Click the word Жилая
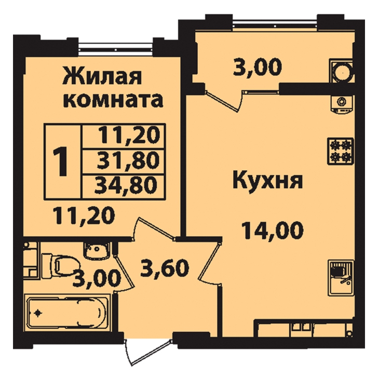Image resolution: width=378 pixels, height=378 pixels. click(102, 76)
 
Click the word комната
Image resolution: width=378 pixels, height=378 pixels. click(113, 100)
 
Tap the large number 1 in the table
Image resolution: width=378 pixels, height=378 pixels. click(60, 162)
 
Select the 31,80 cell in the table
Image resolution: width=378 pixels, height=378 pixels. click(124, 162)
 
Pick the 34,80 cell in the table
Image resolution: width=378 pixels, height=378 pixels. click(124, 187)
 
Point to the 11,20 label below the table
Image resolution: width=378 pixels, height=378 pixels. click(84, 215)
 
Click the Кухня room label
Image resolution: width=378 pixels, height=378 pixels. click(267, 180)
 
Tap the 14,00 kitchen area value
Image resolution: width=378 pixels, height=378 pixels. click(273, 231)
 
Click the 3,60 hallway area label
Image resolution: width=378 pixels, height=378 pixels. click(165, 268)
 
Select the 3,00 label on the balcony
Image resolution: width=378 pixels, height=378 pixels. click(257, 67)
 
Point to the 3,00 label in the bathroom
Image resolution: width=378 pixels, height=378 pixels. click(97, 278)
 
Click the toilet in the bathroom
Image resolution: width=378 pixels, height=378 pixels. click(60, 265)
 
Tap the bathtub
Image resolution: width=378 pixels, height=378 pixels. click(67, 313)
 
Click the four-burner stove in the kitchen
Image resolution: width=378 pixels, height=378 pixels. click(341, 151)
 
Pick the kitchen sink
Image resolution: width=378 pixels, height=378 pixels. click(341, 278)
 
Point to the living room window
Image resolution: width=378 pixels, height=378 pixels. click(116, 47)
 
